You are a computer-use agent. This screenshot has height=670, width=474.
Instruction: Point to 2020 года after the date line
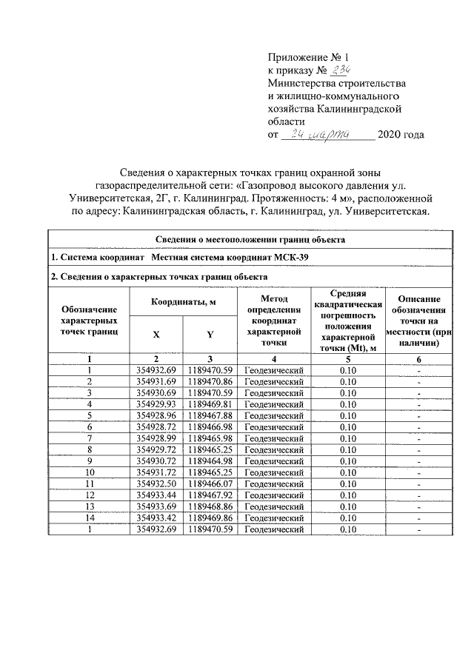pos(401,135)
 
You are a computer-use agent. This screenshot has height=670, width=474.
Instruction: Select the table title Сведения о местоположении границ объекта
pos(249,239)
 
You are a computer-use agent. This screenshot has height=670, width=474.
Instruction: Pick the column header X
pos(156,334)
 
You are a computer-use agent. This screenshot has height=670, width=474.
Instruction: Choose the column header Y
pos(210,334)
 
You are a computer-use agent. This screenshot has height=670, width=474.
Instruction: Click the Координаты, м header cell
pos(183,302)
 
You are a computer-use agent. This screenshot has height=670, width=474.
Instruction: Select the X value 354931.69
pos(156,381)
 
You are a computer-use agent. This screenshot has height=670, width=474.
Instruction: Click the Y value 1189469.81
pos(210,404)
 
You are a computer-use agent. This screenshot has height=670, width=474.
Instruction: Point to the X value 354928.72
pos(156,427)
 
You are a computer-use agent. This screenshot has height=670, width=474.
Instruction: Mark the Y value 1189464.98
pos(210,463)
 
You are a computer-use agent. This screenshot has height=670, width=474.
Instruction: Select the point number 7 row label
pos(90,439)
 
